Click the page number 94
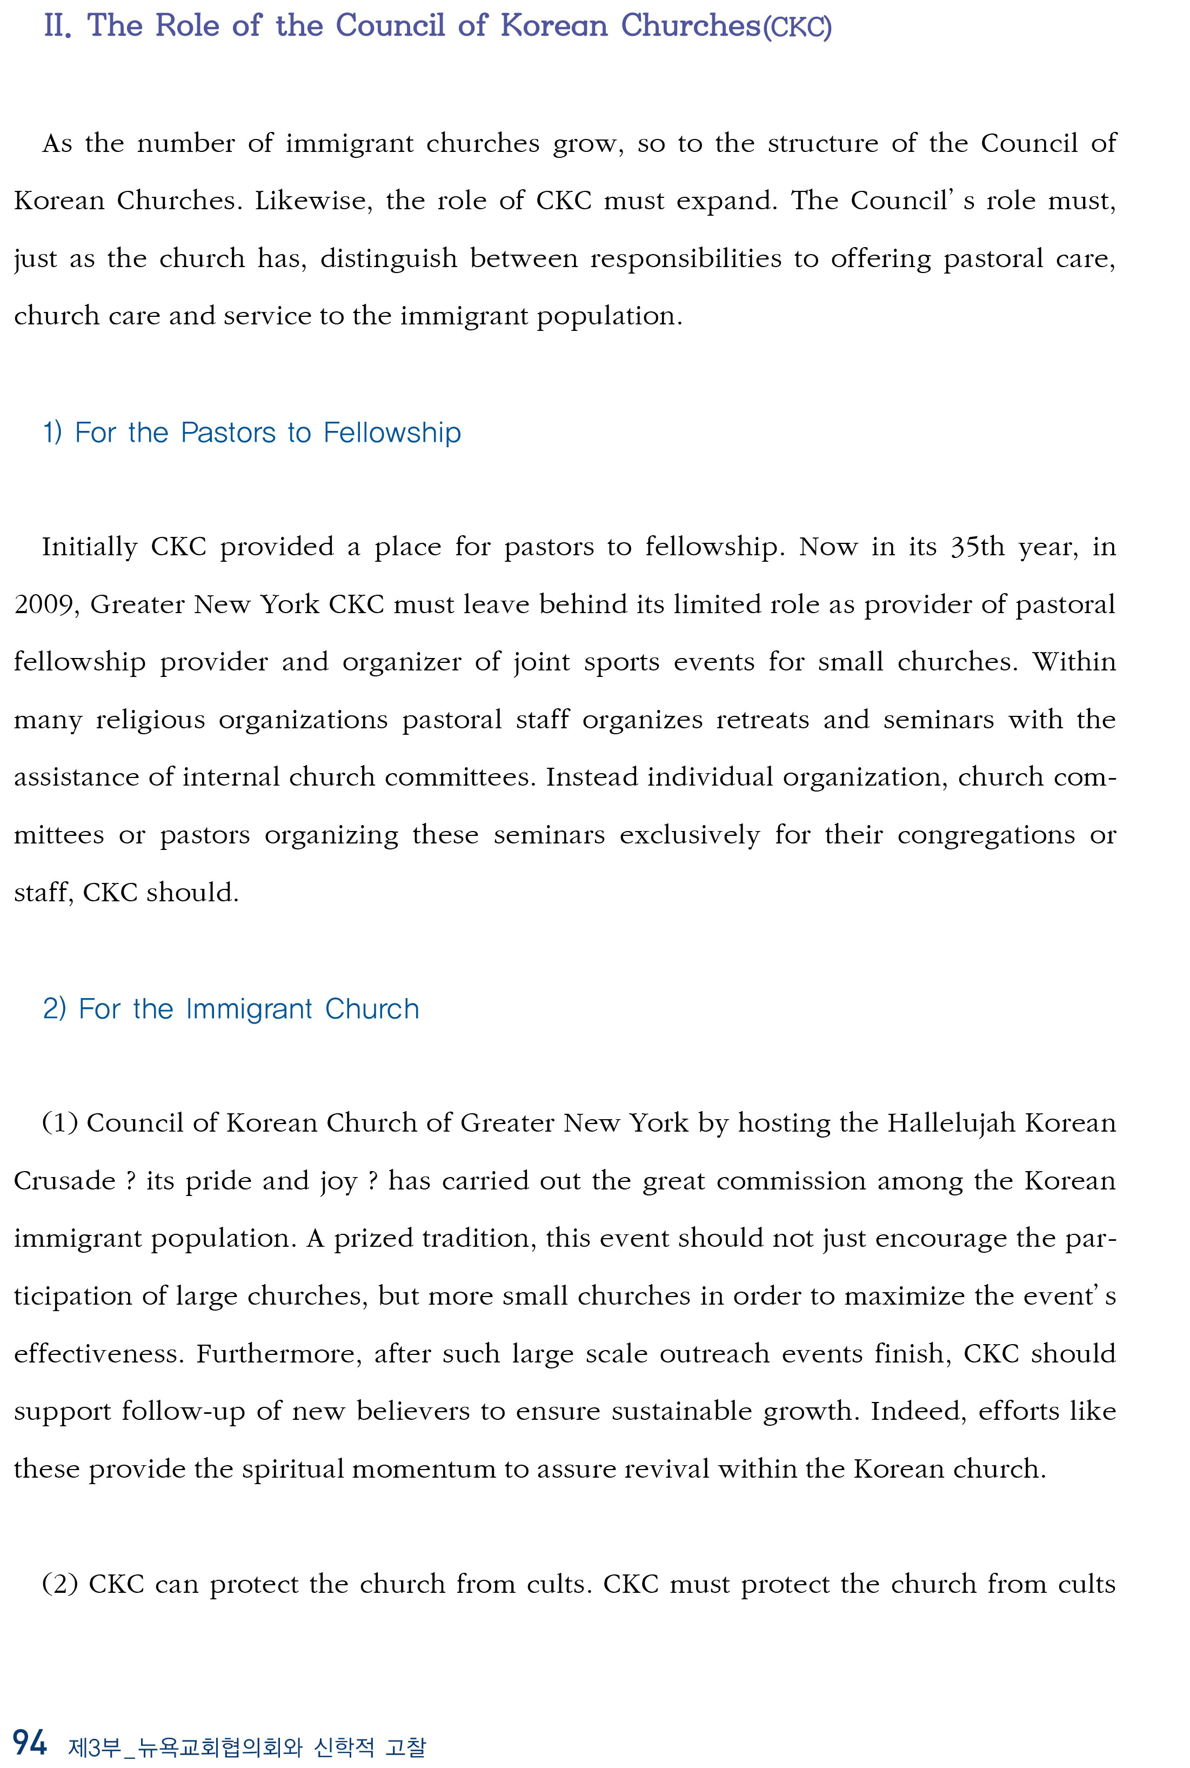30,1742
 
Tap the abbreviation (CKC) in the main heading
797,28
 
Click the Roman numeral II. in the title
58,26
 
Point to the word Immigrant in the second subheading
249,1009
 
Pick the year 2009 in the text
45,605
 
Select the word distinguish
389,259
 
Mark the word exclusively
689,835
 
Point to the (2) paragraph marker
59,1584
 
